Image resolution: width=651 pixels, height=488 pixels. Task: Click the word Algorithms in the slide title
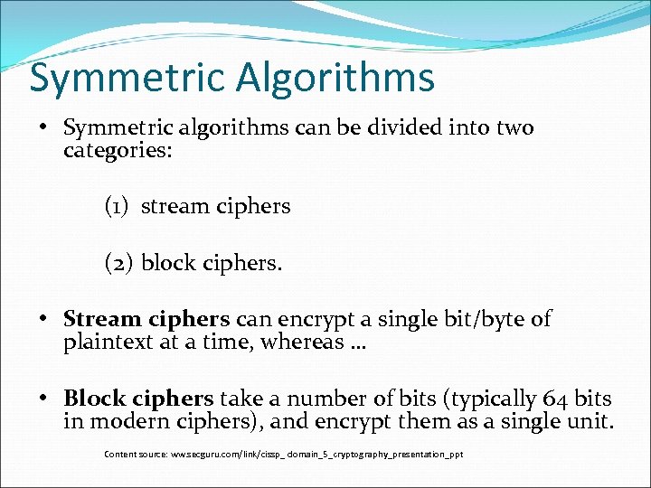[x=336, y=79]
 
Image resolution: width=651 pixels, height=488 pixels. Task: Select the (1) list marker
[x=118, y=207]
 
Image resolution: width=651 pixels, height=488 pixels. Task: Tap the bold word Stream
[x=102, y=319]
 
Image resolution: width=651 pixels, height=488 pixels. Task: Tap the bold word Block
[x=94, y=399]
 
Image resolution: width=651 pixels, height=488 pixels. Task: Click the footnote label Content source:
[x=137, y=454]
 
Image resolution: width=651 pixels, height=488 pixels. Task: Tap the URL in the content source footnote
[x=317, y=454]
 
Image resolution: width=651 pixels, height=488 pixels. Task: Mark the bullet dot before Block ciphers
[x=43, y=399]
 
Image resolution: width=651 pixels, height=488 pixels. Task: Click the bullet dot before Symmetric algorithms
[x=43, y=127]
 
